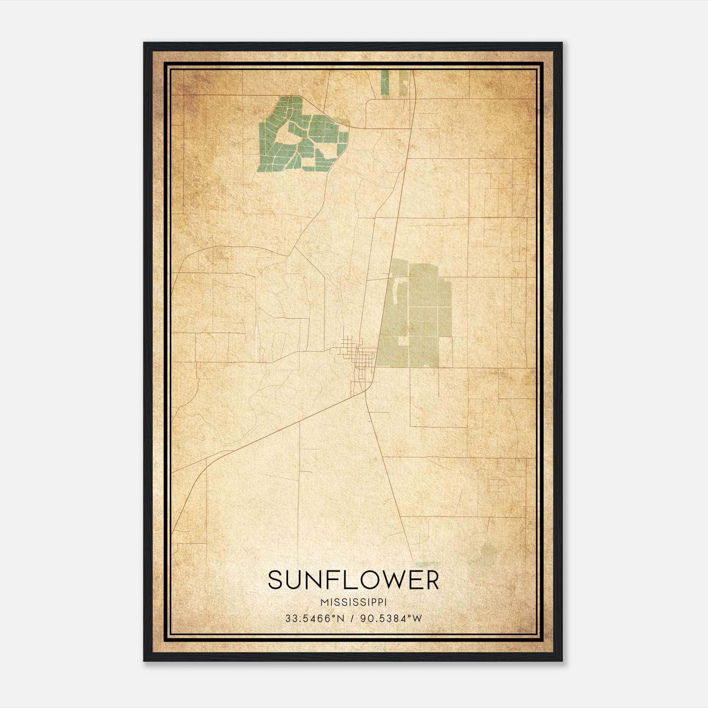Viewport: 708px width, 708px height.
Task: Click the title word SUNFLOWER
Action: point(353,580)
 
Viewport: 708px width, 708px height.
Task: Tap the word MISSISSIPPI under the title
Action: point(354,602)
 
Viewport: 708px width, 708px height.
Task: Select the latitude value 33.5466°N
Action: point(315,618)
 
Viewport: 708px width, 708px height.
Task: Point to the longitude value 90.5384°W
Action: point(391,618)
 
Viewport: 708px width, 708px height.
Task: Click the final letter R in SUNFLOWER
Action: point(431,580)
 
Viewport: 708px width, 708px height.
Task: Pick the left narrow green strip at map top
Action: point(385,82)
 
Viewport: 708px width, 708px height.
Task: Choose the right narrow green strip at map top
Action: point(404,82)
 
